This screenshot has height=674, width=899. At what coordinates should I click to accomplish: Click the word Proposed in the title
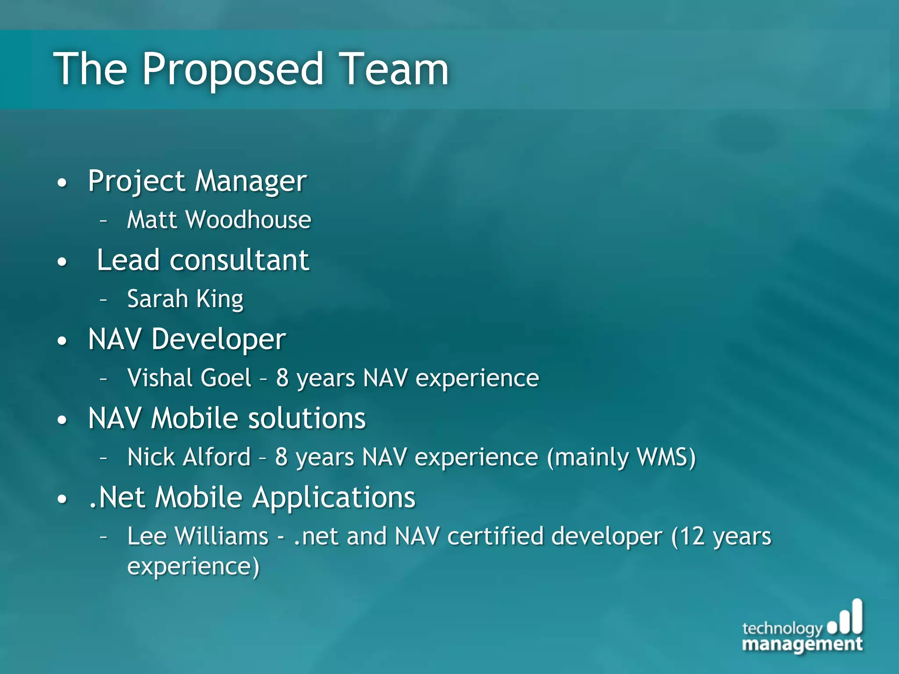pos(233,69)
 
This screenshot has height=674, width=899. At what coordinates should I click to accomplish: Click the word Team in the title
pos(395,69)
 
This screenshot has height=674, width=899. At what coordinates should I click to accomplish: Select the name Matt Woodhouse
pos(219,219)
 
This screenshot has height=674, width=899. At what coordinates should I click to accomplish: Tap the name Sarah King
pos(185,299)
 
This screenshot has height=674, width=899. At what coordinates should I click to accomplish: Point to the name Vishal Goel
pos(189,378)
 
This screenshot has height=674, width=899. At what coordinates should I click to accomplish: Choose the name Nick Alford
pos(189,457)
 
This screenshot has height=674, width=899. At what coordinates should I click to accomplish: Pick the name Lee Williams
pos(198,536)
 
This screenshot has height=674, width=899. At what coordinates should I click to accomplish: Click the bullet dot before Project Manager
pos(62,183)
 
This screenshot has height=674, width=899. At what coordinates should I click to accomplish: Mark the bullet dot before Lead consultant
pos(62,262)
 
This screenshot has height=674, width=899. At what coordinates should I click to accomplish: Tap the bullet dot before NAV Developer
pos(62,341)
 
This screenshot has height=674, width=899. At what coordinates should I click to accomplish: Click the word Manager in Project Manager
pos(251,181)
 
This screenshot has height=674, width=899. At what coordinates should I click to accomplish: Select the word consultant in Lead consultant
pos(239,260)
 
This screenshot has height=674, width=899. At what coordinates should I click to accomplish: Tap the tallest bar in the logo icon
pos(857,616)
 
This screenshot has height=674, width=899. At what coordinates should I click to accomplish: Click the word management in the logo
pos(802,645)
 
